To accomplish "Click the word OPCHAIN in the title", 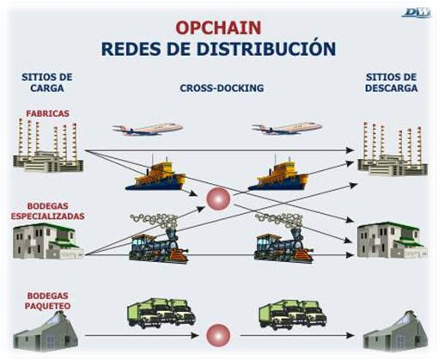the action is (x=218, y=27).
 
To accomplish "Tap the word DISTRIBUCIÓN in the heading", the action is (x=266, y=48).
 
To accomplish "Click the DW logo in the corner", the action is (x=416, y=13).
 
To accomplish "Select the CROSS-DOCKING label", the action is (x=222, y=88).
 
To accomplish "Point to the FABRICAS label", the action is (x=47, y=113).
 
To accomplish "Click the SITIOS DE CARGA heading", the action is (x=47, y=82).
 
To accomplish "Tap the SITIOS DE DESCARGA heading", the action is (x=391, y=82).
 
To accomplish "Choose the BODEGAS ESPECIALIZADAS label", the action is (x=47, y=211).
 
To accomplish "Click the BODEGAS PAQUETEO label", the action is (x=47, y=301).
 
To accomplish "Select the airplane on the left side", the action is (x=148, y=129).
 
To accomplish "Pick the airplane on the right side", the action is (x=287, y=128).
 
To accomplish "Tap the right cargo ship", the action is (x=278, y=174).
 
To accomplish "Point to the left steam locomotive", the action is (x=159, y=238).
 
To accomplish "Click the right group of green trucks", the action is (x=293, y=314).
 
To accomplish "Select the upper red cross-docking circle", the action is (x=218, y=199).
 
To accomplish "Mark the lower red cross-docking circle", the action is (x=218, y=335).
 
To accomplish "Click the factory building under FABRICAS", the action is (x=48, y=145).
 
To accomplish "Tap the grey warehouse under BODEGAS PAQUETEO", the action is (x=46, y=333).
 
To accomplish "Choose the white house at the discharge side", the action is (x=392, y=240).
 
